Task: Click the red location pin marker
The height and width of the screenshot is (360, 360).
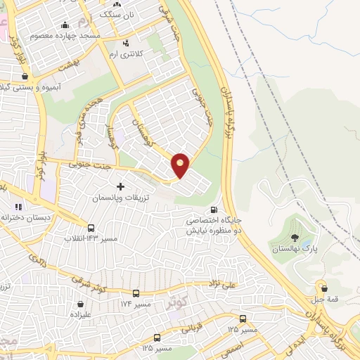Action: [181, 165]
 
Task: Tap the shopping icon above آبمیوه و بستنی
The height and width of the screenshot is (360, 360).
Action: [25, 77]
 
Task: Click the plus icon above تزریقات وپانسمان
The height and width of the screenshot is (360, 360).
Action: [120, 186]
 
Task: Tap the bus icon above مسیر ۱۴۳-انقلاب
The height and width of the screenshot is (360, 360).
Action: [91, 228]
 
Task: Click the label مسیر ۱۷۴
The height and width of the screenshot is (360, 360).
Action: [136, 304]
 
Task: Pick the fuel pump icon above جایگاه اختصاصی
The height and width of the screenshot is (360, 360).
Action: [214, 210]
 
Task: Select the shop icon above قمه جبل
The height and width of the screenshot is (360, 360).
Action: [323, 287]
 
